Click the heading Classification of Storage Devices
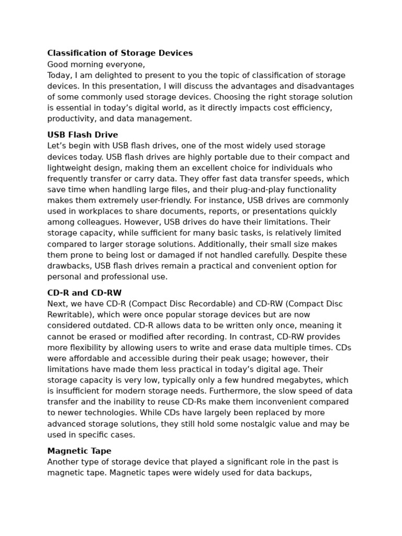tap(120, 53)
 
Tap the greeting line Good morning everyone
tap(96, 64)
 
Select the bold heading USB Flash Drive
tap(83, 135)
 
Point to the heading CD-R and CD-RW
tap(84, 293)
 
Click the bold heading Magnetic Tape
tap(79, 451)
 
